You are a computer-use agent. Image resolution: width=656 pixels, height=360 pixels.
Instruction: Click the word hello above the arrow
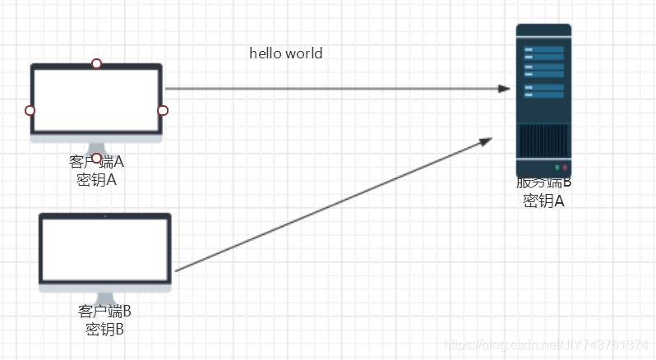pos(266,53)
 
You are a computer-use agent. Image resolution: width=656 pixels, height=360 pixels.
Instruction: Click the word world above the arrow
pos(304,53)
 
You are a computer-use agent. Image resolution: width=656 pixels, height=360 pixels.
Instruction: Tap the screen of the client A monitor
pos(96,99)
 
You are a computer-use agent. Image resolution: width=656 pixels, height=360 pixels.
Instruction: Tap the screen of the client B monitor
pos(105,247)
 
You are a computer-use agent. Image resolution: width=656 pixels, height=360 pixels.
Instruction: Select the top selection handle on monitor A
pos(96,63)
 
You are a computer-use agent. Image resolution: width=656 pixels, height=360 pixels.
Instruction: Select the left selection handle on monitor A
pos(30,110)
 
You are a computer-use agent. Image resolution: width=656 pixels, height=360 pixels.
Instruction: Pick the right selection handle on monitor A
pos(163,110)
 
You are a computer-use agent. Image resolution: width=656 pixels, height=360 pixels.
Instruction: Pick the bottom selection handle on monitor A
pos(96,158)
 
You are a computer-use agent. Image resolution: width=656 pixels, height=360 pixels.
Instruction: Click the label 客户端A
pos(96,163)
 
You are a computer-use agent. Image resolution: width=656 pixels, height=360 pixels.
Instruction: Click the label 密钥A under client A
pos(96,180)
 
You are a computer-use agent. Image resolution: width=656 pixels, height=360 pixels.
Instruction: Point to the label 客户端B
pos(104,312)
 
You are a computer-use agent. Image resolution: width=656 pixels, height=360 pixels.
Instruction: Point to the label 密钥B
pos(104,330)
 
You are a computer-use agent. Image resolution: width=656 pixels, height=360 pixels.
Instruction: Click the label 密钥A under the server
pos(543,200)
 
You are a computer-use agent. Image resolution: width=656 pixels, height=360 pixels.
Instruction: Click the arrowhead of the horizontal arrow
pos(504,89)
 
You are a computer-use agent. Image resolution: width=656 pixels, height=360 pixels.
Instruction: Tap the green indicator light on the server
pos(557,167)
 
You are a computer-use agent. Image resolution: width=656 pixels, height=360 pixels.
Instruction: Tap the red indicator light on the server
pos(565,167)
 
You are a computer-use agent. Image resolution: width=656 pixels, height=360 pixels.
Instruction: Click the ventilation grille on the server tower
pos(543,141)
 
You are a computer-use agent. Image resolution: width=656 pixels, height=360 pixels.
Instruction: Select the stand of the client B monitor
pos(105,298)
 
